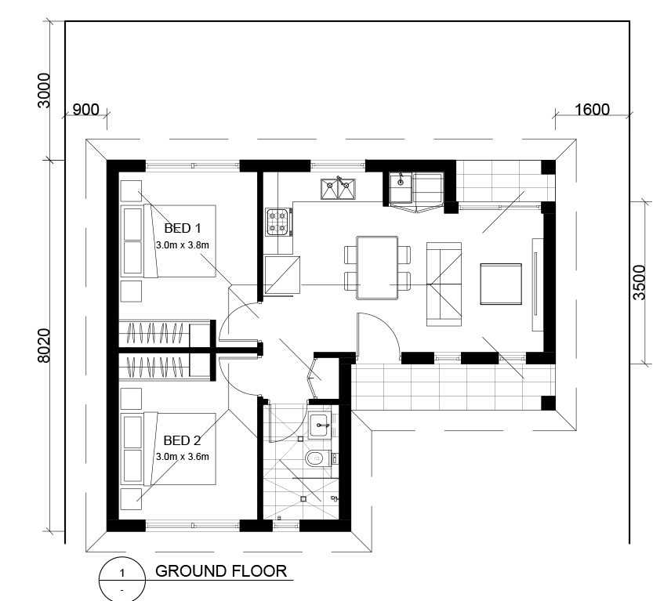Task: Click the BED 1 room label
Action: pyautogui.click(x=183, y=229)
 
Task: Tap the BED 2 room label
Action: pyautogui.click(x=183, y=440)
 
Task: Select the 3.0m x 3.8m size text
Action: pyautogui.click(x=183, y=245)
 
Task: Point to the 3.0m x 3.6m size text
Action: pyautogui.click(x=183, y=456)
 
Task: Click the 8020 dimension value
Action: pyautogui.click(x=44, y=346)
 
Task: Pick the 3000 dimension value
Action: pyautogui.click(x=44, y=91)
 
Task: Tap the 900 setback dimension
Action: pyautogui.click(x=85, y=110)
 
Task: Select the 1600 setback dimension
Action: pyautogui.click(x=592, y=110)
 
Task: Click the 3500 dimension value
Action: pyautogui.click(x=639, y=283)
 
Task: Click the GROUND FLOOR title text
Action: pyautogui.click(x=221, y=571)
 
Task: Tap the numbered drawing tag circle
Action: pyautogui.click(x=122, y=580)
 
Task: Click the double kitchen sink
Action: pyautogui.click(x=338, y=189)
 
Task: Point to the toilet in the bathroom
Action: pyautogui.click(x=318, y=458)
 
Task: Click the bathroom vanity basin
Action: pyautogui.click(x=319, y=425)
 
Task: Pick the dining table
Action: pyautogui.click(x=377, y=268)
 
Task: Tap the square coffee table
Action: pyautogui.click(x=501, y=284)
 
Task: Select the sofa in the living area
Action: pyautogui.click(x=444, y=284)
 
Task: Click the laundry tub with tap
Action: pyautogui.click(x=401, y=188)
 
